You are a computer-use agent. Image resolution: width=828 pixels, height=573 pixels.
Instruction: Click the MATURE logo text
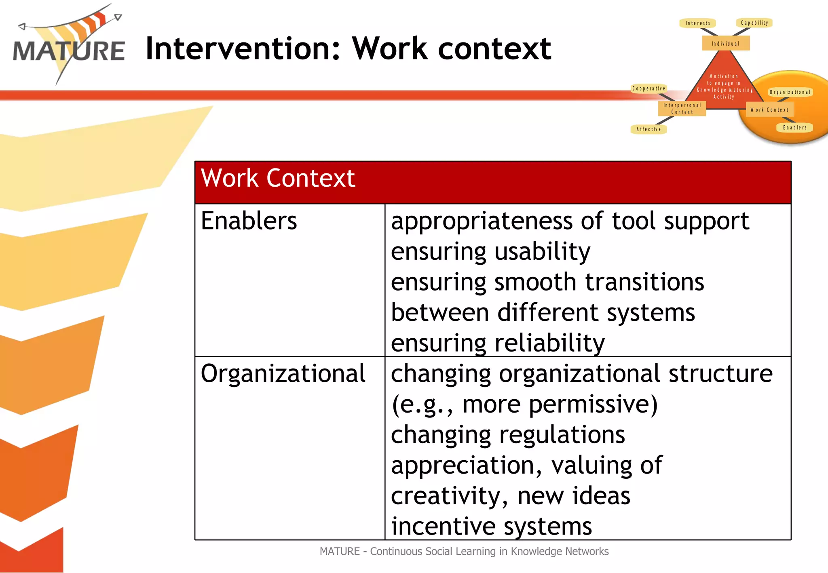[69, 51]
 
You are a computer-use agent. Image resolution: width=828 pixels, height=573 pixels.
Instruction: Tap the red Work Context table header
[492, 182]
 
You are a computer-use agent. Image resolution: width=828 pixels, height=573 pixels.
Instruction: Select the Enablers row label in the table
[249, 221]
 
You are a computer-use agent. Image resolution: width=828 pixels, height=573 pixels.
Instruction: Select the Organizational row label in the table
[283, 374]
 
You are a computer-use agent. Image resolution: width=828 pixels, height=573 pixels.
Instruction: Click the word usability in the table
[542, 252]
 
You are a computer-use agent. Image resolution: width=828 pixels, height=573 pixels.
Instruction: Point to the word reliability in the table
[549, 343]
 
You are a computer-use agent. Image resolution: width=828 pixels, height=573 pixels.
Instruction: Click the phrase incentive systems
[491, 527]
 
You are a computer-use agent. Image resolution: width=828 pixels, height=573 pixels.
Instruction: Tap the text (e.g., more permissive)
[524, 404]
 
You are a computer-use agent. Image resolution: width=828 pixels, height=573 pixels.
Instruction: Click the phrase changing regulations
[508, 435]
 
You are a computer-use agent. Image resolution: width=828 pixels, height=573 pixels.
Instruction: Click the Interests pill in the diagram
[698, 23]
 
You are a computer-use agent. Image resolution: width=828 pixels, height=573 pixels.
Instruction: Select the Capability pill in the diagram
[754, 23]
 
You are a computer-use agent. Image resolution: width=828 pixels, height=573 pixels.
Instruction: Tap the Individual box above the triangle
[726, 43]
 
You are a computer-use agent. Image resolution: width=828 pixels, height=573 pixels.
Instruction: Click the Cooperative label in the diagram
[648, 88]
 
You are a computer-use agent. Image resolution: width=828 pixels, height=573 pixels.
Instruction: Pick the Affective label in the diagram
[648, 129]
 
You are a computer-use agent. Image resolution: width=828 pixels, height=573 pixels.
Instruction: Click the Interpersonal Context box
[682, 109]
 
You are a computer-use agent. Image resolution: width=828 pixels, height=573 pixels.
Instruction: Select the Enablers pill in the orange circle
[794, 128]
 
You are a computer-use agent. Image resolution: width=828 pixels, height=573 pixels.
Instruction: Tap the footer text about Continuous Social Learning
[464, 552]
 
